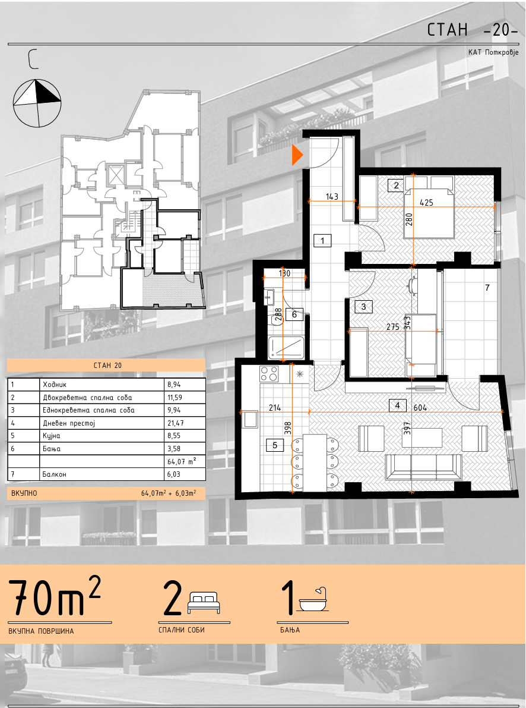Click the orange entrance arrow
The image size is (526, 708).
(297, 155)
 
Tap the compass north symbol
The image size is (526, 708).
(37, 103)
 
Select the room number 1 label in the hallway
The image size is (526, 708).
(322, 240)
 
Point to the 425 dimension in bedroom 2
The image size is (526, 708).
(426, 202)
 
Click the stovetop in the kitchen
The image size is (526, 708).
(269, 373)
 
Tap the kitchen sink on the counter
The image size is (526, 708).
(249, 420)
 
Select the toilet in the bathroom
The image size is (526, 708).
(279, 317)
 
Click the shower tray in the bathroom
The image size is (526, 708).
(287, 348)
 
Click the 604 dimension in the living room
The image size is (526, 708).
(420, 407)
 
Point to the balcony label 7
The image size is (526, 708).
(487, 287)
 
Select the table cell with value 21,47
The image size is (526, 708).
(185, 423)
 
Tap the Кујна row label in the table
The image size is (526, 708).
(52, 436)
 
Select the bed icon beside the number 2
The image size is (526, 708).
(204, 602)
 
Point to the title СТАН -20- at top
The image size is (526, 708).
(473, 30)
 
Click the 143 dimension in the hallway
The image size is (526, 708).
(332, 196)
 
